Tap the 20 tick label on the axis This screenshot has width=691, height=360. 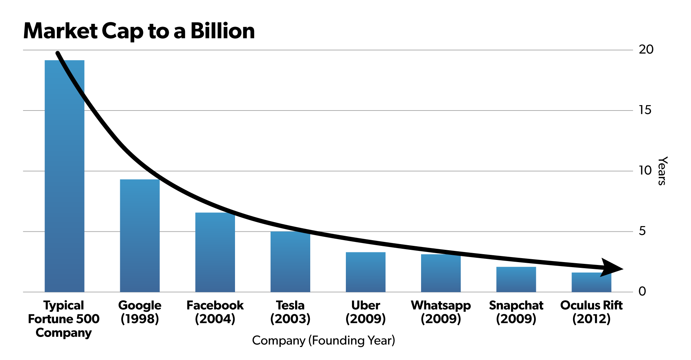click(x=646, y=50)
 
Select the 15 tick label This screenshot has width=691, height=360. click(x=645, y=110)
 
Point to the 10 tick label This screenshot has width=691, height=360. click(x=645, y=171)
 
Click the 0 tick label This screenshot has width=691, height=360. click(x=642, y=292)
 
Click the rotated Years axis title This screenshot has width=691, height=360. click(x=662, y=171)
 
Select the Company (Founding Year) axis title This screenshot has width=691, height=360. click(x=323, y=341)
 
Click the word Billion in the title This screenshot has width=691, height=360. click(x=222, y=31)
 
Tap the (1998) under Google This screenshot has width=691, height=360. click(x=140, y=319)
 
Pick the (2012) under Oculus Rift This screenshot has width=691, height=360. click(x=591, y=319)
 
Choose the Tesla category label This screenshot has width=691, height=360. click(x=290, y=305)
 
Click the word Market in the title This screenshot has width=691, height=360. click(x=60, y=31)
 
